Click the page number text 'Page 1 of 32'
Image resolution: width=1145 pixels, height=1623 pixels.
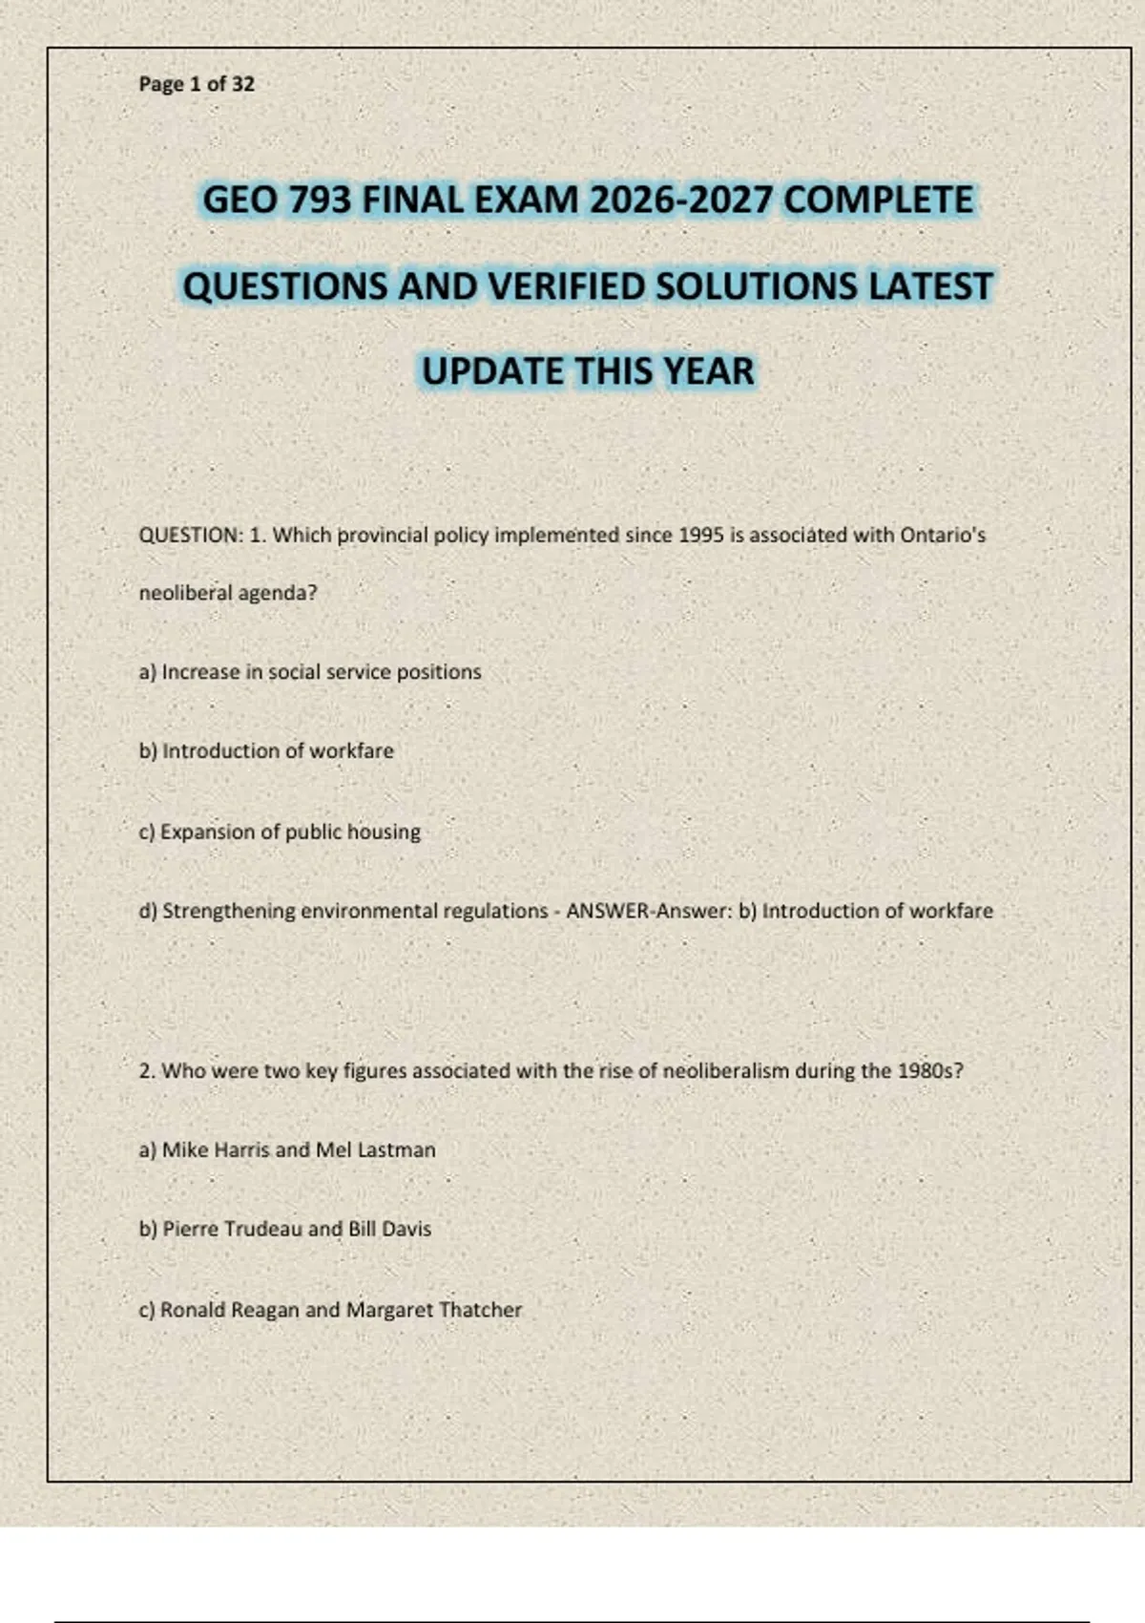tap(197, 84)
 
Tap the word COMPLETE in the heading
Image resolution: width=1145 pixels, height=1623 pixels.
tap(878, 200)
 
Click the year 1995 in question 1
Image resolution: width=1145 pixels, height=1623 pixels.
tap(701, 536)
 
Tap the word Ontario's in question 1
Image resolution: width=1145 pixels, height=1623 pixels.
tap(943, 536)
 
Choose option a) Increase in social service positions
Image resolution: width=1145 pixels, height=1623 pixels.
tap(310, 672)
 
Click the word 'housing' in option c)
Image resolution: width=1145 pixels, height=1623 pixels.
tap(384, 832)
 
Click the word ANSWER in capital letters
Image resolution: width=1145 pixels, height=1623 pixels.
tap(608, 912)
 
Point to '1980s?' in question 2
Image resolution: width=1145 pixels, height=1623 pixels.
tap(930, 1071)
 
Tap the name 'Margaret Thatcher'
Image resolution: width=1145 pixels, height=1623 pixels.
tap(433, 1310)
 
